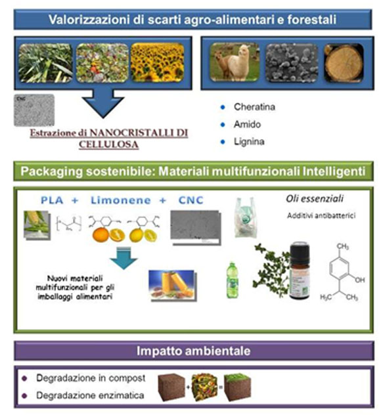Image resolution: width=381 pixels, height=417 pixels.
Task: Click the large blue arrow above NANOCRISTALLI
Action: (102, 104)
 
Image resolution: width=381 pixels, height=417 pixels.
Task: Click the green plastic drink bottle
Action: (233, 279)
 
